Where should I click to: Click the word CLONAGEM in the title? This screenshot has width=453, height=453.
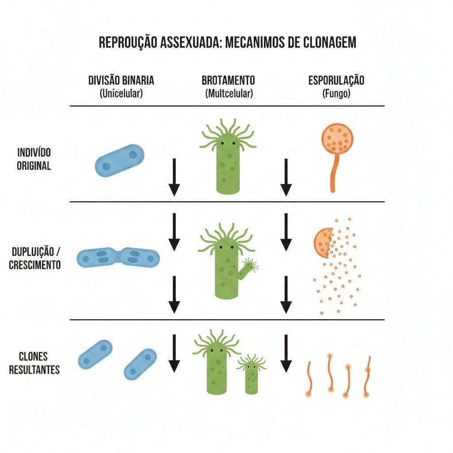(x=330, y=42)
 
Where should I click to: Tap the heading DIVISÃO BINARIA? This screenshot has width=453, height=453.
(x=121, y=81)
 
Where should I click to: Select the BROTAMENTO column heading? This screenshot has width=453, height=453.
(x=228, y=81)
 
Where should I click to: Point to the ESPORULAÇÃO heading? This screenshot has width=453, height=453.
(x=336, y=81)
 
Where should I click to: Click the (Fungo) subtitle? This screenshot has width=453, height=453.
(x=336, y=93)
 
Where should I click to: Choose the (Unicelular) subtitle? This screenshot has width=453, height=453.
(x=121, y=93)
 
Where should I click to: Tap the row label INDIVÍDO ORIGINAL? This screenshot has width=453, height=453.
(x=34, y=159)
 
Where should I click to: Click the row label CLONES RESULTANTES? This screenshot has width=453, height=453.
(x=34, y=363)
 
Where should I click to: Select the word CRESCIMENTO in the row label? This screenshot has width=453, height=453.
(x=35, y=265)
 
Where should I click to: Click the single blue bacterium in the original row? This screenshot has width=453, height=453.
(x=119, y=161)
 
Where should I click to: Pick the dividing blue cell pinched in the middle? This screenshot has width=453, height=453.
(x=118, y=257)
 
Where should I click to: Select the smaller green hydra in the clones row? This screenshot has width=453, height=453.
(x=251, y=374)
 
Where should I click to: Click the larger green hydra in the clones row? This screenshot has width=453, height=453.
(x=217, y=362)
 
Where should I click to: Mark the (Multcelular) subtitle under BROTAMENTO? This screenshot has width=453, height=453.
(x=229, y=93)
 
